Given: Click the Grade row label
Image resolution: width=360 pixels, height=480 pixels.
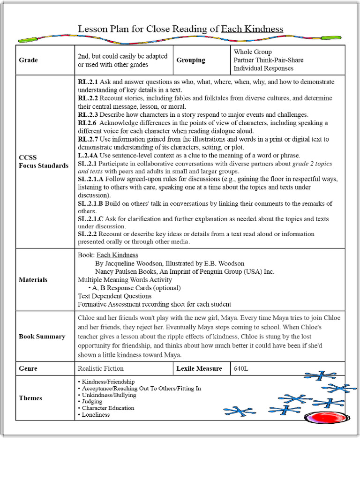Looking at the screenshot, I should point(28,60).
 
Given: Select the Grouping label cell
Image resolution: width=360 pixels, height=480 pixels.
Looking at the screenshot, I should point(191,60).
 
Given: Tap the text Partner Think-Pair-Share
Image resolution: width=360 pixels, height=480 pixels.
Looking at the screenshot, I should point(268,60).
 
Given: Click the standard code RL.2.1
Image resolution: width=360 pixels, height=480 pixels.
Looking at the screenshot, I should point(88,82).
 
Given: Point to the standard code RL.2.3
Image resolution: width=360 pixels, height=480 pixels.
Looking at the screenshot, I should point(88,114).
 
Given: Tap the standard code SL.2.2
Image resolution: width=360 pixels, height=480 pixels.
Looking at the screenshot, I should point(88,233).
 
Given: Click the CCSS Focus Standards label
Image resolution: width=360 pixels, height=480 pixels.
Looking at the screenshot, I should point(43,161).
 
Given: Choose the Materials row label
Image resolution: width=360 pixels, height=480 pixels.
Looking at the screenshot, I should point(33,280).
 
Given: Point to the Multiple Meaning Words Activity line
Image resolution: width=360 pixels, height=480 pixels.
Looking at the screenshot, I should point(125,280).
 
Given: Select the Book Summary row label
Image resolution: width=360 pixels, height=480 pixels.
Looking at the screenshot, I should point(42,337).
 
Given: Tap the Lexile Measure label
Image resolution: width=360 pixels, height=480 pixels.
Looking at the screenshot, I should point(199,368).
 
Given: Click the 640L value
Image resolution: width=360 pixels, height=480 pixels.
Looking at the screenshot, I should point(241,368).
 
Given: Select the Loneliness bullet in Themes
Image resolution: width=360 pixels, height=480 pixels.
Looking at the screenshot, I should point(96,414).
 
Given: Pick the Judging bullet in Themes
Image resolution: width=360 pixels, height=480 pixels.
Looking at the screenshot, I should point(92,401).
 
